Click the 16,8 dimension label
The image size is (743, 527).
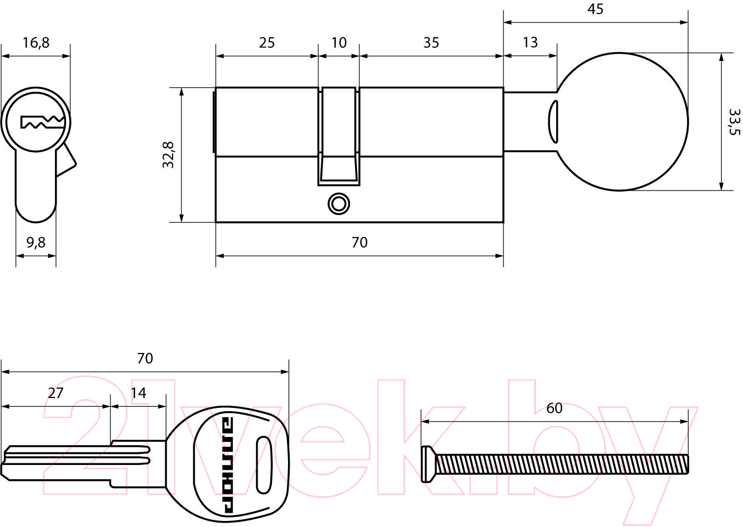point(36,43)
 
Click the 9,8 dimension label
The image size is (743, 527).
point(36,243)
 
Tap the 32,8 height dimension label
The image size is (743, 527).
point(168,155)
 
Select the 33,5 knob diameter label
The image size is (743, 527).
point(734,122)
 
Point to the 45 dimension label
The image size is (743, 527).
point(595,9)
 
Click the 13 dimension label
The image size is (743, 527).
point(530,42)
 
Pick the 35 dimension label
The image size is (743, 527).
point(431,43)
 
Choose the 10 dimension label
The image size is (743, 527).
point(339,43)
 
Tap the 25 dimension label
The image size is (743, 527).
point(267,43)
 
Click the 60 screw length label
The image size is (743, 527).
point(555,408)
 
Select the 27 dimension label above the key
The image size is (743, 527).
point(56,393)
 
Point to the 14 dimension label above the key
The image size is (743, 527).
point(138,393)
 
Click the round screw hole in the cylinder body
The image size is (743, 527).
point(339,204)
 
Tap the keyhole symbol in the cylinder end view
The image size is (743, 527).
point(42,122)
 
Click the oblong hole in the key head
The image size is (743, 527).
point(264,465)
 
